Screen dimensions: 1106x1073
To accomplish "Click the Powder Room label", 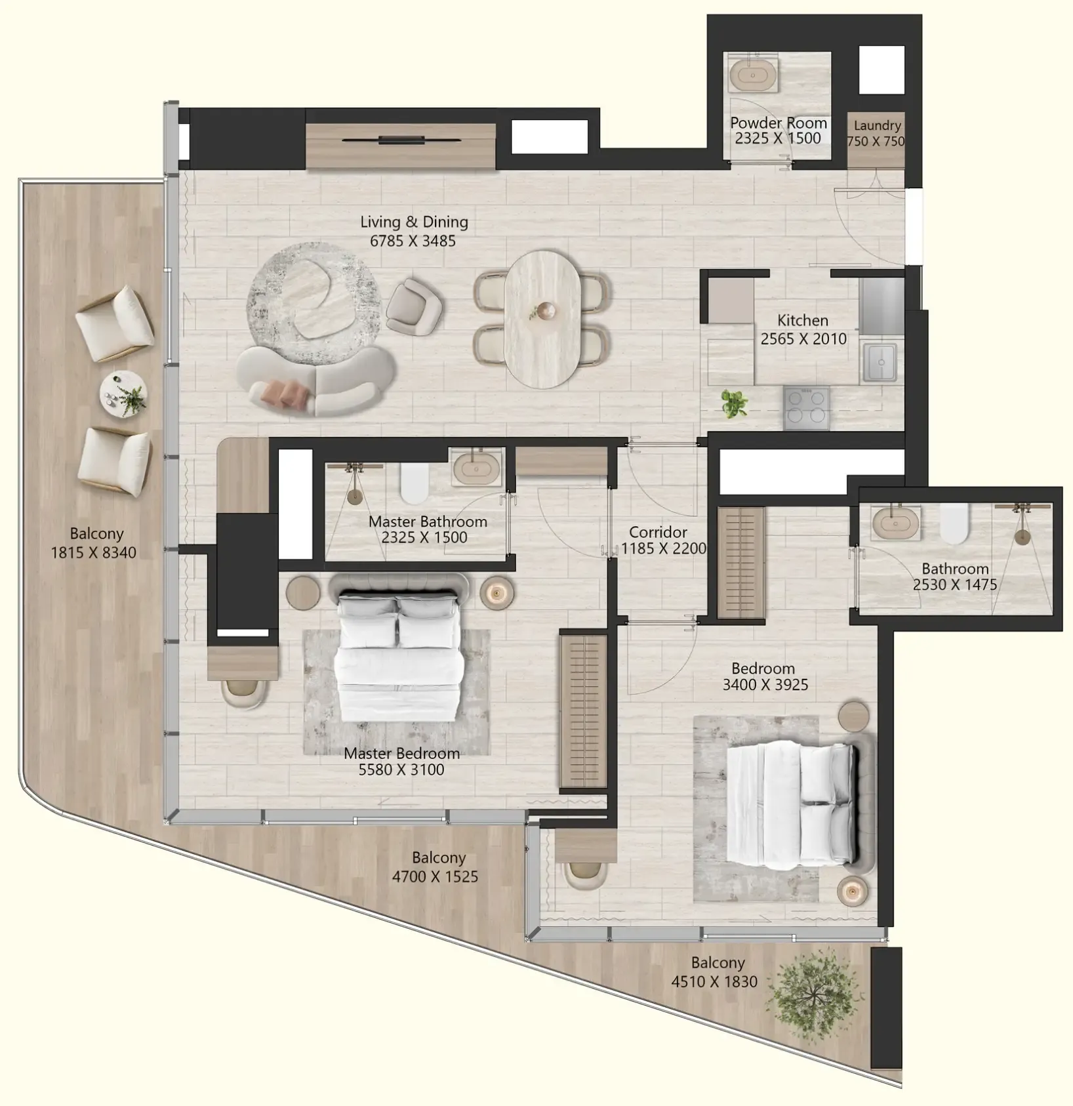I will pyautogui.click(x=778, y=123).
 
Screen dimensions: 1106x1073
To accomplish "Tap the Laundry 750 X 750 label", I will pyautogui.click(x=876, y=133).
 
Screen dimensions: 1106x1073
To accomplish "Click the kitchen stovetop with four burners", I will pyautogui.click(x=805, y=407).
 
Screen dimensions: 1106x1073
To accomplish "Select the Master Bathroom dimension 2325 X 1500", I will pyautogui.click(x=424, y=538).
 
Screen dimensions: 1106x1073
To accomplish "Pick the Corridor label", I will pyautogui.click(x=658, y=533).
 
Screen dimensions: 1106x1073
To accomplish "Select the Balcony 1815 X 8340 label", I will pyautogui.click(x=94, y=543).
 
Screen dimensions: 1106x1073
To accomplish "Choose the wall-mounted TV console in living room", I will pyautogui.click(x=400, y=146).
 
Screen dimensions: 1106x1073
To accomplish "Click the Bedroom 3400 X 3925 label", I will pyautogui.click(x=765, y=676).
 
